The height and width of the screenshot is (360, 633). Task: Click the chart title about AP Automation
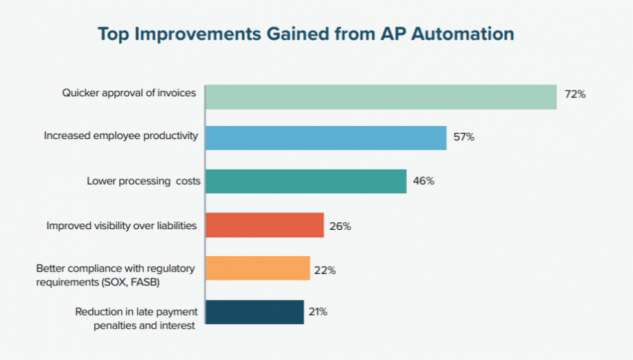[x=305, y=34]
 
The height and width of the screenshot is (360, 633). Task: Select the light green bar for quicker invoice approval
[x=381, y=97]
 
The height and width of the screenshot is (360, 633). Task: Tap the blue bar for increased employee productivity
[x=326, y=138]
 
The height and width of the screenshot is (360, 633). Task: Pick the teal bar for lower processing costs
[x=306, y=181]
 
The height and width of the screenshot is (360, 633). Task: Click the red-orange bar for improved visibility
[x=265, y=225]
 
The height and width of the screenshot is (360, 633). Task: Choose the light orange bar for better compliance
[x=258, y=268]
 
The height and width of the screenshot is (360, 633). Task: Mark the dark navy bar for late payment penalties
[x=255, y=312]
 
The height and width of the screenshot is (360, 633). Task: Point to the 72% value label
[x=575, y=94]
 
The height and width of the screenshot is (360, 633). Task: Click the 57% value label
[x=463, y=137]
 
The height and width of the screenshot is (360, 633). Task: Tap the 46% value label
[x=423, y=181]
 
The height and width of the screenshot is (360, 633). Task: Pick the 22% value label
[x=325, y=270]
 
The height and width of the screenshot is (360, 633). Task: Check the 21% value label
[x=318, y=312]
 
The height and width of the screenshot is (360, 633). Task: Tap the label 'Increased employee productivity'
[x=121, y=136]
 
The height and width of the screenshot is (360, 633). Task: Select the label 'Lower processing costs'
[x=143, y=181]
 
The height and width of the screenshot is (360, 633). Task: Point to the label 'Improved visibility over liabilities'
[x=121, y=225]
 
